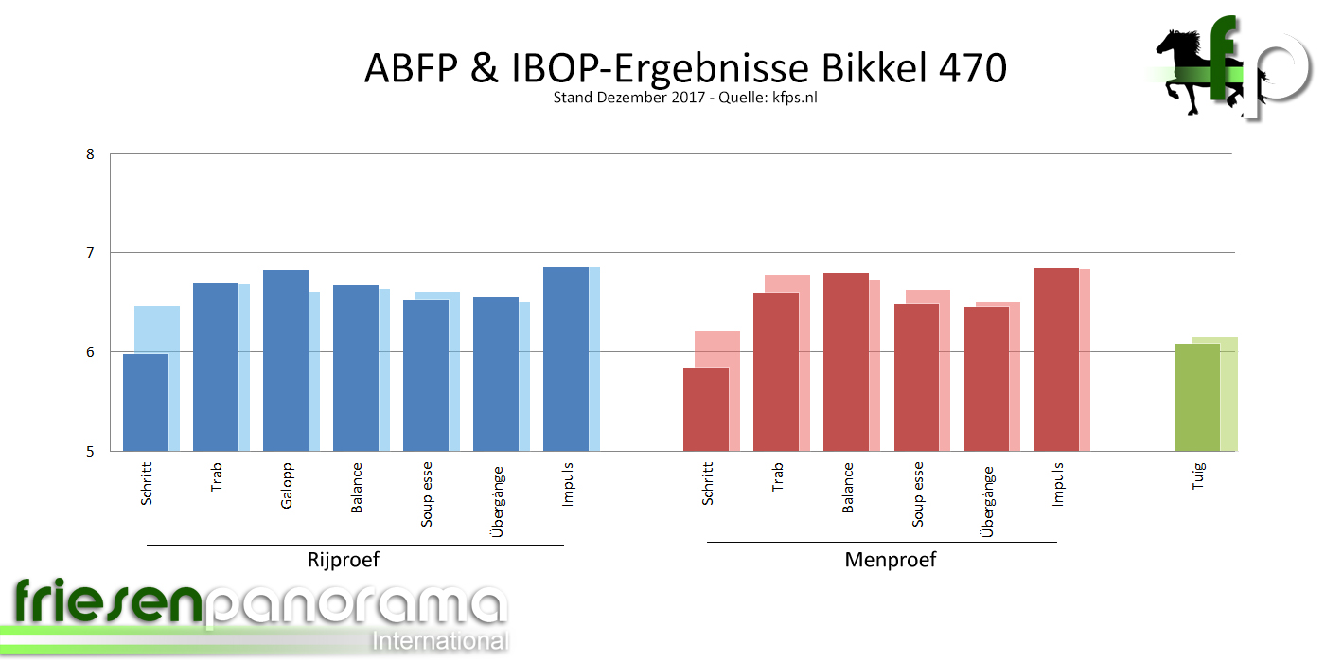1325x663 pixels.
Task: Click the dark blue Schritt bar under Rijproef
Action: pos(146,403)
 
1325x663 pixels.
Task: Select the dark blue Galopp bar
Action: pos(286,361)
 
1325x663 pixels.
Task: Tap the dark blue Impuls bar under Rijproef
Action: pos(566,359)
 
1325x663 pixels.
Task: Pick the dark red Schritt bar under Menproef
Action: pos(706,409)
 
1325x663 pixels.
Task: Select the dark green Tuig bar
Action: pos(1197,398)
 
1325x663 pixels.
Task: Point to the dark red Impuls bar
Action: pos(1056,360)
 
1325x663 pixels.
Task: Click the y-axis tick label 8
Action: pos(90,153)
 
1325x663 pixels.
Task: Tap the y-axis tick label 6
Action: pos(90,352)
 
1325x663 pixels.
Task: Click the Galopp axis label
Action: pos(287,485)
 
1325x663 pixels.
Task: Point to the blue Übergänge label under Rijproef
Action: pos(498,502)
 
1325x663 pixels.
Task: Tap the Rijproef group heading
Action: pos(344,560)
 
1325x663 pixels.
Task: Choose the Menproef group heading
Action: pos(890,560)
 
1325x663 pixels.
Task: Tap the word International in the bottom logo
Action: pos(440,641)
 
